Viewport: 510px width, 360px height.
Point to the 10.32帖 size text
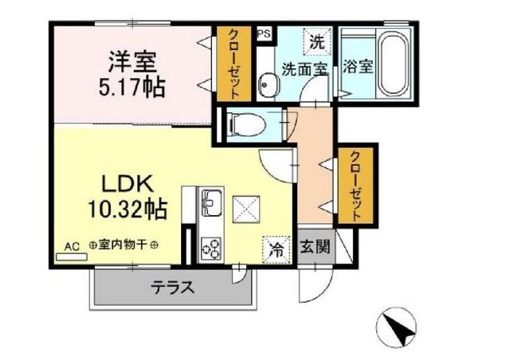click(127, 209)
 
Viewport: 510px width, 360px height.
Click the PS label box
click(263, 35)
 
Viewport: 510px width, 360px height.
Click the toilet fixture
click(243, 124)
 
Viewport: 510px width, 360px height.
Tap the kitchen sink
click(211, 202)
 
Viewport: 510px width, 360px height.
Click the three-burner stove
click(211, 248)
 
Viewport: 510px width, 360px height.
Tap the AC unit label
click(72, 247)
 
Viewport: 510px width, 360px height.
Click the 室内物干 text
click(123, 247)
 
